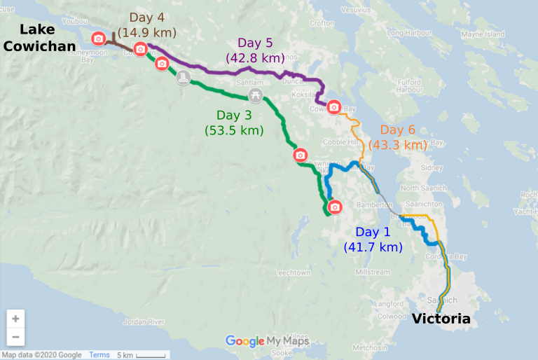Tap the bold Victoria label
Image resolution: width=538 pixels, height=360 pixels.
[441, 319]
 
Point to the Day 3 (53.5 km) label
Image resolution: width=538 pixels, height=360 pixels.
[233, 123]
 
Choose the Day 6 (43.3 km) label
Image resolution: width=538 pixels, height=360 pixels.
[403, 137]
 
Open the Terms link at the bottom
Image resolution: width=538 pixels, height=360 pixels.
[99, 355]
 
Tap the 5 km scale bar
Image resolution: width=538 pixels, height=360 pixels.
[140, 355]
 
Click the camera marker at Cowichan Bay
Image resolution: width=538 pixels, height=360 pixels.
[334, 107]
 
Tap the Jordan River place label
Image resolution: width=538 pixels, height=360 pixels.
[144, 322]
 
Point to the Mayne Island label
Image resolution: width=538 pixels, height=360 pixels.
[483, 34]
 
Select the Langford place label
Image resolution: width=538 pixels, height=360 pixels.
[390, 303]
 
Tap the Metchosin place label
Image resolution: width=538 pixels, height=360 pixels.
[368, 347]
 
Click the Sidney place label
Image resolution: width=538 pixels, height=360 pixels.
[432, 169]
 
